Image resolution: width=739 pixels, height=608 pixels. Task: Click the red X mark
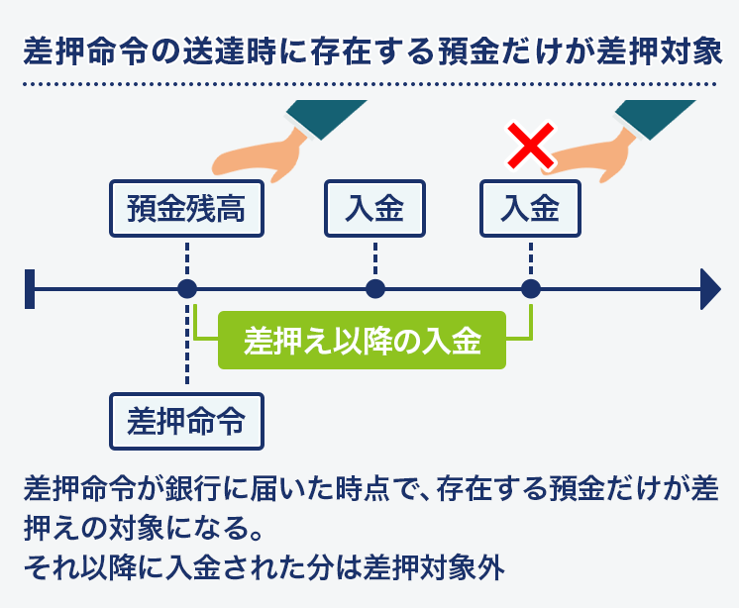(530, 146)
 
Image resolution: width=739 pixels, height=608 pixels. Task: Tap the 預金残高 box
(186, 208)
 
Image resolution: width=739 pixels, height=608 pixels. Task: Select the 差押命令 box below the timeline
(186, 421)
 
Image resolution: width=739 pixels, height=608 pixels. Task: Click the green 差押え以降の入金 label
(362, 340)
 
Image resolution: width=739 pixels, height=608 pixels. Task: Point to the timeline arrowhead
(710, 289)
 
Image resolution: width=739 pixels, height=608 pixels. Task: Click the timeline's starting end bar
(30, 289)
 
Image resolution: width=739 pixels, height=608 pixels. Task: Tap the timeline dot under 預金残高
(187, 289)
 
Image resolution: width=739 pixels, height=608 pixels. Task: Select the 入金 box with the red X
(530, 208)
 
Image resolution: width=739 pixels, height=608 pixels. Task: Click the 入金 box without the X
(374, 208)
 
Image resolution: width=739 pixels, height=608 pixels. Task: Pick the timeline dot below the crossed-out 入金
(531, 289)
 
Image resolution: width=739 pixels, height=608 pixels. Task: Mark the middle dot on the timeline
(375, 289)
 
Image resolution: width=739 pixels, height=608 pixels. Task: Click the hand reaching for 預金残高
(260, 156)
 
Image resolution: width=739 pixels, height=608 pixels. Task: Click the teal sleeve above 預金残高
(326, 119)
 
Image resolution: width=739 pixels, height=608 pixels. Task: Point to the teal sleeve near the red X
(655, 119)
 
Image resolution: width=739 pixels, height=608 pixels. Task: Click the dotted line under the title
(369, 84)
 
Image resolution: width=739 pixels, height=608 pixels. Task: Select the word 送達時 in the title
(228, 51)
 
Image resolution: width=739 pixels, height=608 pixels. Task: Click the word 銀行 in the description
(193, 488)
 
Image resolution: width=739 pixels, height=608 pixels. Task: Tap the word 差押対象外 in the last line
(434, 567)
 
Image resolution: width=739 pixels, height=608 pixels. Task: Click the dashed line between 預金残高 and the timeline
(187, 258)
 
